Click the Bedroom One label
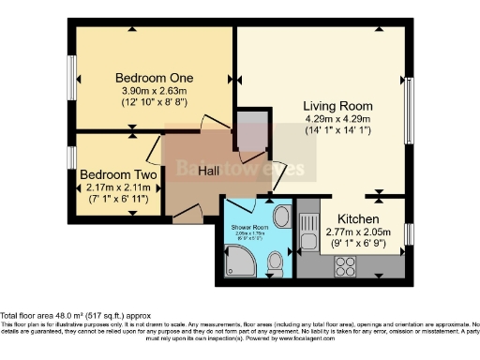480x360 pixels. tap(154, 77)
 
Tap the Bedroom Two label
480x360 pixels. tap(117, 174)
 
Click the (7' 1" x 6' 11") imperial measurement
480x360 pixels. tap(117, 199)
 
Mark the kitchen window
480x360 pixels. tap(408, 234)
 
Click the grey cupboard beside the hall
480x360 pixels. tap(250, 134)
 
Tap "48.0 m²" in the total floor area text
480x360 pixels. tap(92, 316)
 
